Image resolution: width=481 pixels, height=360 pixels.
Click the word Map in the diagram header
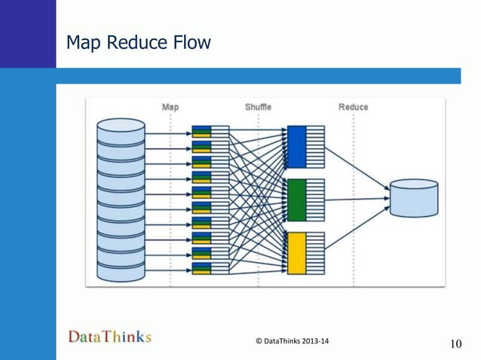[170, 107]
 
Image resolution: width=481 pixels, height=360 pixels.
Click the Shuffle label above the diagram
[258, 107]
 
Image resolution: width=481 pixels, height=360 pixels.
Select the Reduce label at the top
[353, 107]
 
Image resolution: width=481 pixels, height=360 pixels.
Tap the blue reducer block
[297, 146]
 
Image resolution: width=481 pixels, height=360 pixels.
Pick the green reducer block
[297, 200]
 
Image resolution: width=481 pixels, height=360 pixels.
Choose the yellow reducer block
[297, 253]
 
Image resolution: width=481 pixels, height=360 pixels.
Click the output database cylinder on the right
[414, 198]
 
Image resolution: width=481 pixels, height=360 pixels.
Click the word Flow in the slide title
[191, 44]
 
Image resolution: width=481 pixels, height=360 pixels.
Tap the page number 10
[455, 344]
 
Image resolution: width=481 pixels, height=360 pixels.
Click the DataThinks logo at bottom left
[110, 337]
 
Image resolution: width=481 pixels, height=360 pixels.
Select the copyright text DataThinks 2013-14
[293, 341]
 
